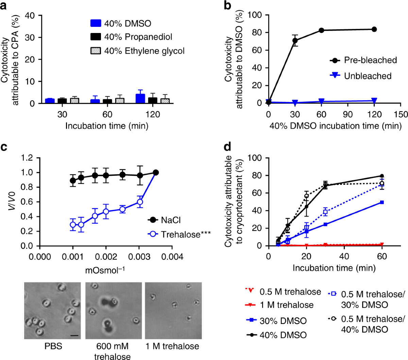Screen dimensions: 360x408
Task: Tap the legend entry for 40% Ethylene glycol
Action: tap(138, 51)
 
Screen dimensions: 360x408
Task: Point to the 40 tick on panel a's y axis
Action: tap(30, 16)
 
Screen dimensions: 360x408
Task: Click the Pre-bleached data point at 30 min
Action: tap(295, 40)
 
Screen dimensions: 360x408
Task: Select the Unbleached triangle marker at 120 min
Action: tap(374, 101)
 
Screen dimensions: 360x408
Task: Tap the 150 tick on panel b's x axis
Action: tap(401, 114)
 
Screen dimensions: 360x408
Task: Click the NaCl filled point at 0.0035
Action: tap(156, 173)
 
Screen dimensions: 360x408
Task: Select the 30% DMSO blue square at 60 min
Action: tap(382, 202)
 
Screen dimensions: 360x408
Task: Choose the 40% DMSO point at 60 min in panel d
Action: tap(382, 176)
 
